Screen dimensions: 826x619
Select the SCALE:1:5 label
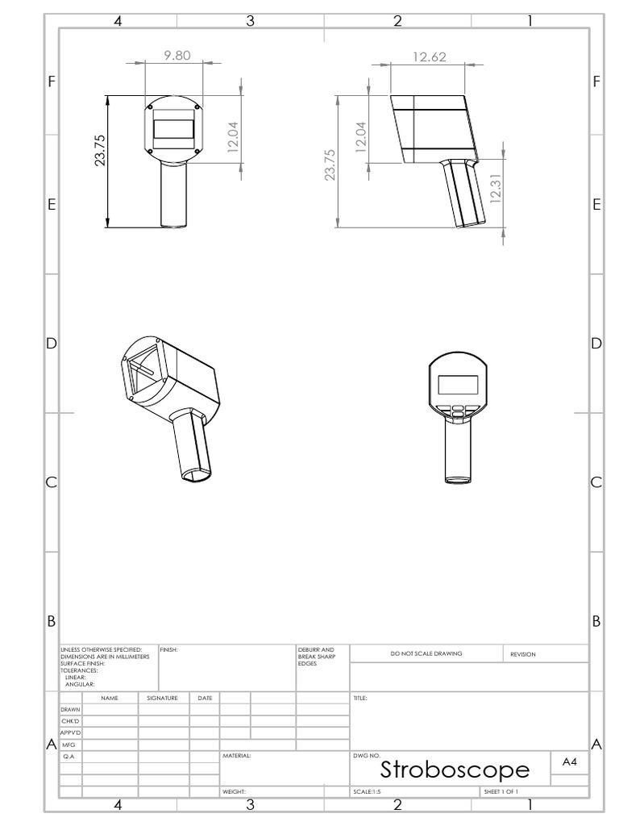pyautogui.click(x=367, y=792)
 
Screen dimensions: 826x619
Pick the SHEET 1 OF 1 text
pyautogui.click(x=501, y=792)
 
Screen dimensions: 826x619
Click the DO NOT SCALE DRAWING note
pyautogui.click(x=426, y=653)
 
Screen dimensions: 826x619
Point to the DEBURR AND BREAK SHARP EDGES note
pyautogui.click(x=312, y=656)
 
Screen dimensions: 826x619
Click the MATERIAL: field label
pyautogui.click(x=237, y=757)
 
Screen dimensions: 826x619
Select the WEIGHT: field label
pyautogui.click(x=234, y=792)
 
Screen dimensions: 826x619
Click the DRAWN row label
pyautogui.click(x=70, y=709)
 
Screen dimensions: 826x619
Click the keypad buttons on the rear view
pyautogui.click(x=457, y=411)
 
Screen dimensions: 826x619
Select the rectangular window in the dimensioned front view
pyautogui.click(x=173, y=129)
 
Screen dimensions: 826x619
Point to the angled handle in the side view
pyautogui.click(x=462, y=194)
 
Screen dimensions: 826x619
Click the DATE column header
pyautogui.click(x=205, y=698)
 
